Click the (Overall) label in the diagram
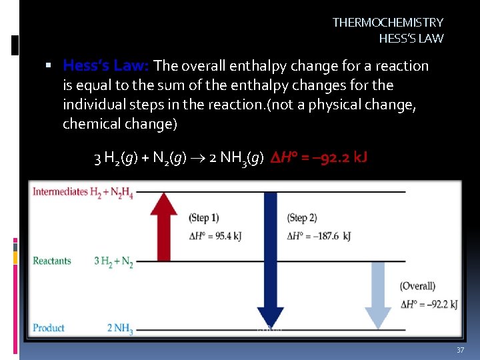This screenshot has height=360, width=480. tap(417, 286)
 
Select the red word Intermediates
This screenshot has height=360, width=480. tap(61, 192)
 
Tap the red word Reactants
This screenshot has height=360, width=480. tap(52, 261)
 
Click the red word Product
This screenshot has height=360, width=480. tap(49, 328)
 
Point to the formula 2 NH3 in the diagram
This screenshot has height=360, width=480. tap(120, 329)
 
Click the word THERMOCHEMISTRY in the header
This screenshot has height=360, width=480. tap(388, 23)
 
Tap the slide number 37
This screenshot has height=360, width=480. tap(459, 351)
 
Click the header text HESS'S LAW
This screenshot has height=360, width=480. tap(411, 38)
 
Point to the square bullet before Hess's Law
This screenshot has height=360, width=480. tap(49, 66)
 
